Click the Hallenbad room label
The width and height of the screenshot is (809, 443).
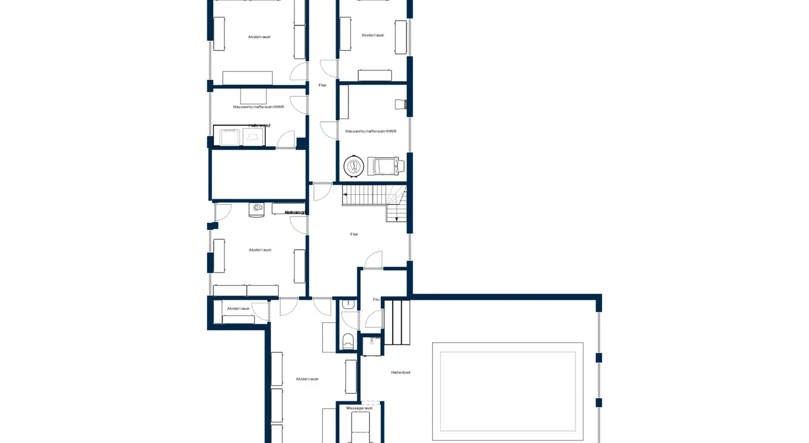400,372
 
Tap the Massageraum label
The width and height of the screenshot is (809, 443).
359,408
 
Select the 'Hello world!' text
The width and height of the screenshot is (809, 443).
259,126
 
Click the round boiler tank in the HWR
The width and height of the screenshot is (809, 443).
354,166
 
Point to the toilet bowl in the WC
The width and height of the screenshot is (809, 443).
348,341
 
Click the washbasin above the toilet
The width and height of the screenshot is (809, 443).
348,304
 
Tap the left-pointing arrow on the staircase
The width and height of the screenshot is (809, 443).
345,195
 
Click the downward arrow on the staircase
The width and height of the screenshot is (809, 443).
396,218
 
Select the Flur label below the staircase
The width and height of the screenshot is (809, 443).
354,234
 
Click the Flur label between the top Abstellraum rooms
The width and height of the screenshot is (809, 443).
322,85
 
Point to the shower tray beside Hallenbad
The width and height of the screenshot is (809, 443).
372,345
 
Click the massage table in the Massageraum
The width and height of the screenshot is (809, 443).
360,428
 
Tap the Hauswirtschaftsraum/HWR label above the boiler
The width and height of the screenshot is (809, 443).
371,131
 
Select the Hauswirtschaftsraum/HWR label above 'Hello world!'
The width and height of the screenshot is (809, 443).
258,107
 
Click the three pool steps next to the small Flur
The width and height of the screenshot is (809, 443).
397,322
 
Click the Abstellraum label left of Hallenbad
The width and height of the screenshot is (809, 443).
307,379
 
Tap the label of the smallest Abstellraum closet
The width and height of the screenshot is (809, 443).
238,309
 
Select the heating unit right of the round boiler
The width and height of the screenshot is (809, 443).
386,166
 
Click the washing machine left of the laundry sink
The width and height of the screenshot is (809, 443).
229,137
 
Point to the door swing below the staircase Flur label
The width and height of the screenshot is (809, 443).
374,260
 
